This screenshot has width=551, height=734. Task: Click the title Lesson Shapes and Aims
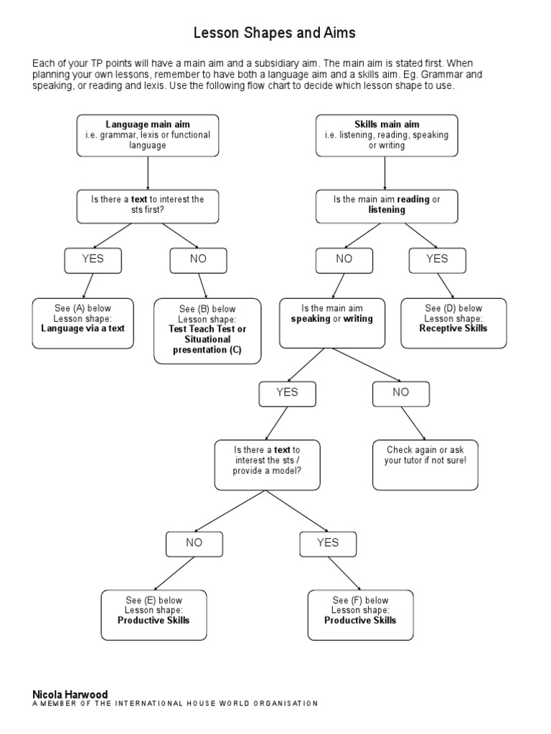[x=275, y=33]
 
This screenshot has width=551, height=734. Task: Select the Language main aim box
[x=148, y=135]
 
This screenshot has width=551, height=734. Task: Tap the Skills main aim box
[x=387, y=135]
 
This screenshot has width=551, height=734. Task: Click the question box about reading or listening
[x=387, y=205]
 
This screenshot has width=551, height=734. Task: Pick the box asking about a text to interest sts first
[x=148, y=205]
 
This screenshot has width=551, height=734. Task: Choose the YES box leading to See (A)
[x=93, y=259]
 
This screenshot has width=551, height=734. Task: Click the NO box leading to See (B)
[x=198, y=259]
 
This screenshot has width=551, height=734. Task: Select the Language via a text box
[x=83, y=323]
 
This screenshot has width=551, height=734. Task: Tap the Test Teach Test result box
[x=207, y=330]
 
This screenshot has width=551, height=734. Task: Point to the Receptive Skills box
[x=453, y=323]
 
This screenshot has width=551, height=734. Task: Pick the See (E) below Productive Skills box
[x=154, y=614]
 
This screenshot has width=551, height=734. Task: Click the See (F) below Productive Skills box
[x=360, y=614]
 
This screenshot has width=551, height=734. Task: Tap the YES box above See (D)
[x=437, y=259]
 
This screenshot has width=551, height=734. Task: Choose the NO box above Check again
[x=400, y=393]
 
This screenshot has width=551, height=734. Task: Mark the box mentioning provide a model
[x=267, y=464]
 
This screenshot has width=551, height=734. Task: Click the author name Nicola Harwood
[x=70, y=695]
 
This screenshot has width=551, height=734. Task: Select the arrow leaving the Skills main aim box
[x=386, y=173]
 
